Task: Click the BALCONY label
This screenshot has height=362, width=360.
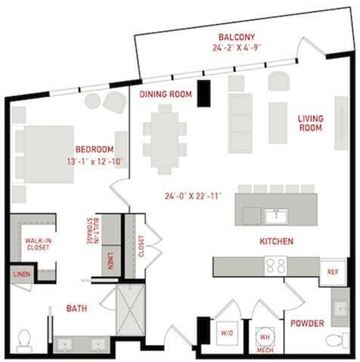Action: point(237,37)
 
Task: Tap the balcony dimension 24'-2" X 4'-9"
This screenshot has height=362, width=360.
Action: point(237,48)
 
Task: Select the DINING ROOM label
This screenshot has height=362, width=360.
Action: point(166,94)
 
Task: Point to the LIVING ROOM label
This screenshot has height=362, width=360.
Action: point(311,123)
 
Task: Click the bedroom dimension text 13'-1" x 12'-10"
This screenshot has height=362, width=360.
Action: point(95,162)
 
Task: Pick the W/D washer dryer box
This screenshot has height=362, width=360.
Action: point(227,333)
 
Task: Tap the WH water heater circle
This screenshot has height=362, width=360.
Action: point(265,337)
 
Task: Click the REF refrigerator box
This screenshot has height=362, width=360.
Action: point(333,272)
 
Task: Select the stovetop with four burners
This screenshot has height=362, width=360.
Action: point(276,266)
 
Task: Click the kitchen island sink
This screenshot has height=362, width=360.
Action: point(276,216)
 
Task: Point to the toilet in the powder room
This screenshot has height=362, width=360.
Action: point(337,341)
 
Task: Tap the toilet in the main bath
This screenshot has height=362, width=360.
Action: point(23,341)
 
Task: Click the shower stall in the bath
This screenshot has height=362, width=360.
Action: point(130,310)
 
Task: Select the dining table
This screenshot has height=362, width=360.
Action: point(165,140)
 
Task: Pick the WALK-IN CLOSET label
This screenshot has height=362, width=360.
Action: point(39,244)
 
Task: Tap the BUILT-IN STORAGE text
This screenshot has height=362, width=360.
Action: point(92,231)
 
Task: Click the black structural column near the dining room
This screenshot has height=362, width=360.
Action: point(203,93)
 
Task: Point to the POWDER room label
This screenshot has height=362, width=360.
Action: point(307,323)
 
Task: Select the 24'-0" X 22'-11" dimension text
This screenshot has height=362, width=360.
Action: point(193,196)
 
